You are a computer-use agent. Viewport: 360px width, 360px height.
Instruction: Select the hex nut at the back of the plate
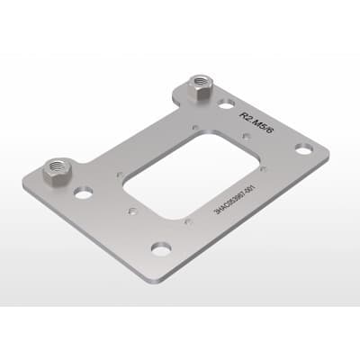tap(200, 87)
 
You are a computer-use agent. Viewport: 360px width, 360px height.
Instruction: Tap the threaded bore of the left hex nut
tap(59, 166)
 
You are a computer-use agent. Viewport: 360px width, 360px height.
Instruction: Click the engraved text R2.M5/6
tap(253, 110)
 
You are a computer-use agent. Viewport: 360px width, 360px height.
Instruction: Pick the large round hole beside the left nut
tap(84, 192)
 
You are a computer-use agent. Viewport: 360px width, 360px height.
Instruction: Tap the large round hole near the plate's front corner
tap(161, 248)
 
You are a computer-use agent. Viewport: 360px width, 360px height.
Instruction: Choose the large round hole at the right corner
tap(304, 147)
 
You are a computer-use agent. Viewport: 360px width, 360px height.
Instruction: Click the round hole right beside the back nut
tap(227, 103)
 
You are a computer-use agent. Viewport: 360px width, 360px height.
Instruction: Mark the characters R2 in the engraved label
tap(245, 116)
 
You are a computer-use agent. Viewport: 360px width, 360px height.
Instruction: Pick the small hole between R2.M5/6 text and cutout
tap(247, 137)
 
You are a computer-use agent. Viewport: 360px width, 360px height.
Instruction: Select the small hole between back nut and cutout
tap(197, 127)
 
